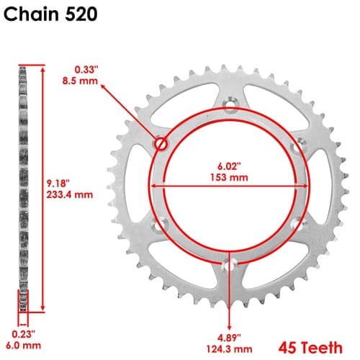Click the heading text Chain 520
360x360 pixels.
pos(50,14)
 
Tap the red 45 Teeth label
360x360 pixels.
pos(310,348)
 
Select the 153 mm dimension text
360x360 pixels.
pos(229,178)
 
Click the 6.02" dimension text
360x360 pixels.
pos(229,166)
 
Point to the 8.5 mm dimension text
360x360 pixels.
pos(80,81)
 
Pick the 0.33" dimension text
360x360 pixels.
pos(86,70)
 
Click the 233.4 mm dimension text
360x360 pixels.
pos(70,194)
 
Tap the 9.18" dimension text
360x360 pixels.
pos(58,184)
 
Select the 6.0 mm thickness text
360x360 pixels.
pos(23,346)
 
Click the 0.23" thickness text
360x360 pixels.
pos(23,334)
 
